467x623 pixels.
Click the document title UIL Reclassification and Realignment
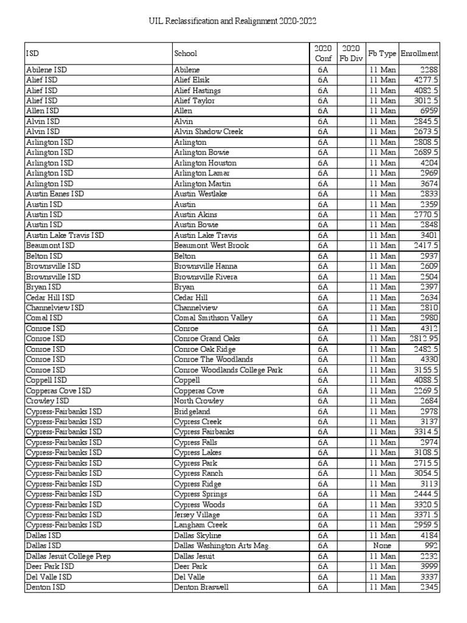pyautogui.click(x=233, y=21)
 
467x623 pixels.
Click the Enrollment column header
pyautogui.click(x=420, y=54)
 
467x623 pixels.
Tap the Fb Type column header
pyautogui.click(x=382, y=54)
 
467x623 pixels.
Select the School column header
pyautogui.click(x=185, y=54)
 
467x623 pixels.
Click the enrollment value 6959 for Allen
pyautogui.click(x=429, y=111)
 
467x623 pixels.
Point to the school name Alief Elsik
pyautogui.click(x=192, y=80)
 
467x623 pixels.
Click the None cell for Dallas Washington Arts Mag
pyautogui.click(x=382, y=546)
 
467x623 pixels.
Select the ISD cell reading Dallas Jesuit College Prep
pyautogui.click(x=68, y=556)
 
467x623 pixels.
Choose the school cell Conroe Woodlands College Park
pyautogui.click(x=228, y=370)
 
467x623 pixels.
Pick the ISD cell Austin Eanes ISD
pyautogui.click(x=55, y=193)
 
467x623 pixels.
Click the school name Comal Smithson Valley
pyautogui.click(x=213, y=318)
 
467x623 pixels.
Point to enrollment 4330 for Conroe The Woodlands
pyautogui.click(x=429, y=360)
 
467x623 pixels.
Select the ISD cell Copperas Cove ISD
pyautogui.click(x=58, y=391)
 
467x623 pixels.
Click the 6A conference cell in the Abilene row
pyautogui.click(x=322, y=69)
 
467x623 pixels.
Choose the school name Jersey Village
pyautogui.click(x=198, y=515)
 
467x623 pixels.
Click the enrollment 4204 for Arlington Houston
pyautogui.click(x=429, y=162)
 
